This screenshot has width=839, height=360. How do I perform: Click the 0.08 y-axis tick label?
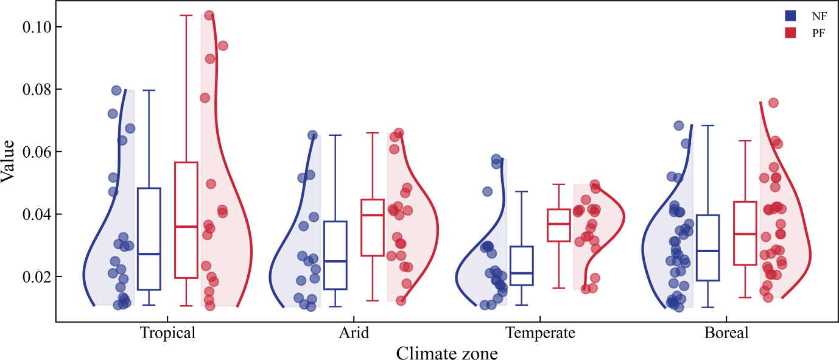coord(37,90)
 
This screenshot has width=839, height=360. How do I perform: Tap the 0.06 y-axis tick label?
coord(37,152)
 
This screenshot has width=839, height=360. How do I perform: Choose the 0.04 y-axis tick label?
coord(37,214)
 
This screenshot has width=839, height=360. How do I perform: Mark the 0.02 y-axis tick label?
coord(37,277)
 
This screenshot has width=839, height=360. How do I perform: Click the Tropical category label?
coord(167,333)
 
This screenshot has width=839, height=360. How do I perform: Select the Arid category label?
coord(354,333)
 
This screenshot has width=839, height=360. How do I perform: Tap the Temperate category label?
coord(540,333)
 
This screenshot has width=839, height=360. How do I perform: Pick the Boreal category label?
coord(726,333)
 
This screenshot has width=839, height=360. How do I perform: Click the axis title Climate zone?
coord(447,353)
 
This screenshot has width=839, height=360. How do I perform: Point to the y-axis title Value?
coord(7,161)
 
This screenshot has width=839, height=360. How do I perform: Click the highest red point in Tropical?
coord(209,15)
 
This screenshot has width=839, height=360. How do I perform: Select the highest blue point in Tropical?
coord(116,90)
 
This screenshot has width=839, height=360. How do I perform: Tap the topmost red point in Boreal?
coord(773,103)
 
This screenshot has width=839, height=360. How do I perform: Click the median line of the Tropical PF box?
coord(186,227)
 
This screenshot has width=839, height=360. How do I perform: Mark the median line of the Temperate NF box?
coord(521,274)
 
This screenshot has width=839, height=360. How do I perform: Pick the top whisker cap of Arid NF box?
coord(335,135)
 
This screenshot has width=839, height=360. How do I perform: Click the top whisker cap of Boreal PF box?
coord(745,141)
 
